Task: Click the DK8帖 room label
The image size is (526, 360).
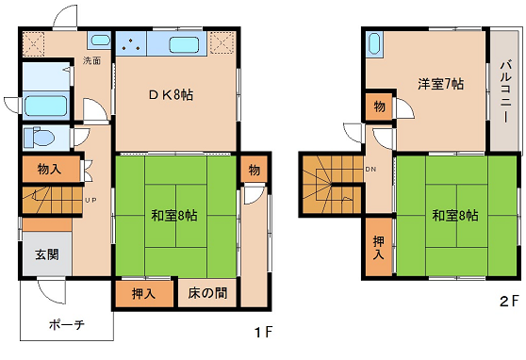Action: click(171, 95)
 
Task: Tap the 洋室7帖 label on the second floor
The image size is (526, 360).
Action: click(441, 84)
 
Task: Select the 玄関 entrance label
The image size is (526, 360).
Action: click(47, 254)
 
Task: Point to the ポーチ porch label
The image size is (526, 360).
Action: click(67, 325)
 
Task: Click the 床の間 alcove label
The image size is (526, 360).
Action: click(207, 293)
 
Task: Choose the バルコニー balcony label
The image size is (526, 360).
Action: click(505, 91)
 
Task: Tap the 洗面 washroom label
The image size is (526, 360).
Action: click(91, 60)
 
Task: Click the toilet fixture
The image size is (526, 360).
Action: click(39, 137)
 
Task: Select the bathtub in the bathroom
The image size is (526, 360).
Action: click(45, 106)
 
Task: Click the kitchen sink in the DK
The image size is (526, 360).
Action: click(184, 44)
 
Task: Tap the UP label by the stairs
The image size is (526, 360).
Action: click(90, 201)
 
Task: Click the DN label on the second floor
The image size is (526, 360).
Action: click(370, 170)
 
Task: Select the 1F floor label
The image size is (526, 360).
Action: click(264, 332)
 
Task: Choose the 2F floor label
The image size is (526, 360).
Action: click(509, 301)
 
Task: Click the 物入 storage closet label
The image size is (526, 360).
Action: click(49, 169)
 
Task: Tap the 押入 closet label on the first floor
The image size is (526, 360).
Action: click(143, 294)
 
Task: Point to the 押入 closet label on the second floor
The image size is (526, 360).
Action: click(379, 248)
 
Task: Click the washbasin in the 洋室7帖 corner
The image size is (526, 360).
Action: click(373, 43)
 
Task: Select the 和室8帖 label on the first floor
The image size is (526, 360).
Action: click(174, 216)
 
